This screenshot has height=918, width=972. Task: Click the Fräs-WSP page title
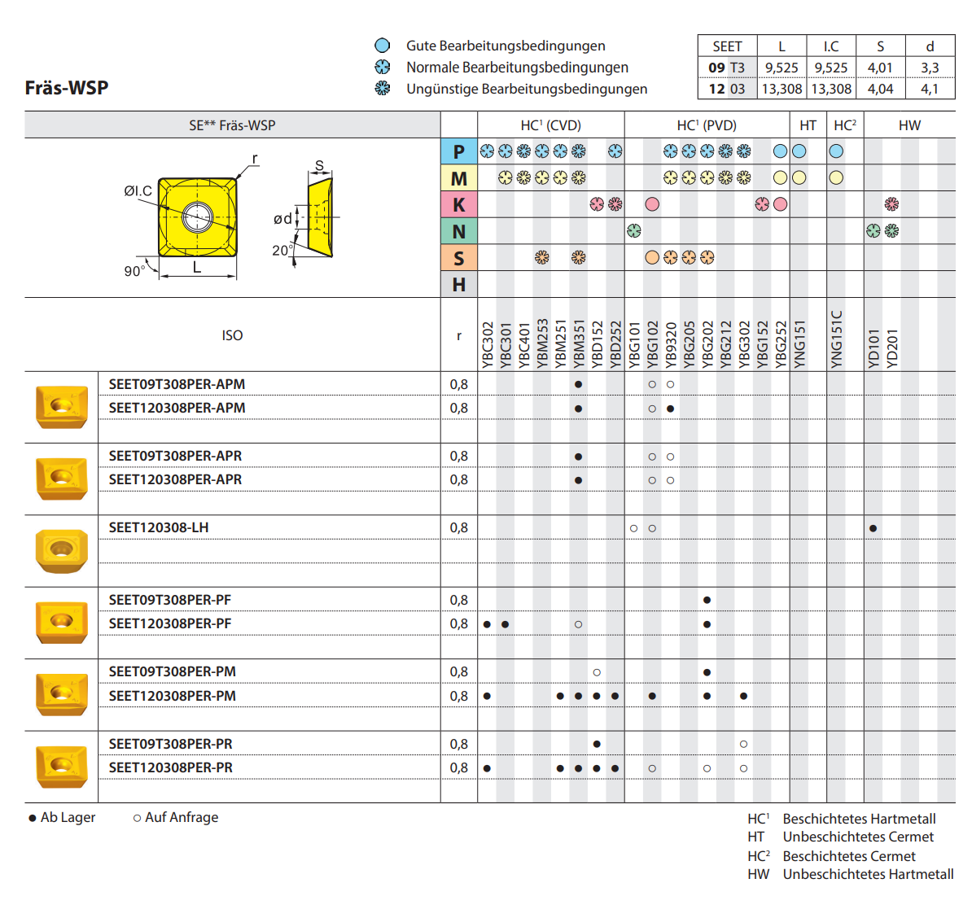point(67,88)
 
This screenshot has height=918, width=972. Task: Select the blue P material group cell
point(459,151)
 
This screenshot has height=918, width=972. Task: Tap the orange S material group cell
point(459,258)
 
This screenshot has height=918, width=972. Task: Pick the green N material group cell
point(459,232)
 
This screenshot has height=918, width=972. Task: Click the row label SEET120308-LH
point(159,527)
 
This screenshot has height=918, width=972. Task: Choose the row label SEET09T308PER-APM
point(177,384)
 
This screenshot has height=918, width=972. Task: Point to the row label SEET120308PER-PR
point(171,767)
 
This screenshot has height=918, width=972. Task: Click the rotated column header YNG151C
point(837,339)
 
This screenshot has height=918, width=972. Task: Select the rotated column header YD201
point(892,348)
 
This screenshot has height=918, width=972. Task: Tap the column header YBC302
point(488,345)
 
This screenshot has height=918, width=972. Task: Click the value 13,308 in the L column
point(782,89)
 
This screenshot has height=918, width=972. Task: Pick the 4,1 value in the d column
point(930,89)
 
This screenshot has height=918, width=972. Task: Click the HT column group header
point(808,125)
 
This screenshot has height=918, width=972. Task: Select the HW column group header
point(909,125)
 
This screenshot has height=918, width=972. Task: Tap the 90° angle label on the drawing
point(134,271)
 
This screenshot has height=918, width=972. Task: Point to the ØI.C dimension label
point(138,190)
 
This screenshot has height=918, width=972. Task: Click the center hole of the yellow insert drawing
point(197,217)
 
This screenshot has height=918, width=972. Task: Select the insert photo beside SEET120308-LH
point(61,550)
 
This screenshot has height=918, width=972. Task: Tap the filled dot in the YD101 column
point(873,528)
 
